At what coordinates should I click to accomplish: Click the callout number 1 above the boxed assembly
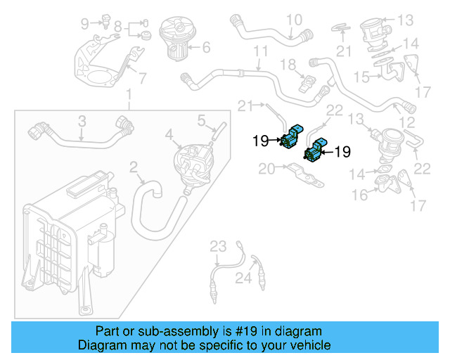click(128, 96)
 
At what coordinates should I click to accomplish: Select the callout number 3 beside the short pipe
click(82, 120)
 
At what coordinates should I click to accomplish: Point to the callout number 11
click(261, 52)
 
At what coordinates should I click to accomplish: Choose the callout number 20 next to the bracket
click(267, 169)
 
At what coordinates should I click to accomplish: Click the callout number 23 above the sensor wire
click(219, 245)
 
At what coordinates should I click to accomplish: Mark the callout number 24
click(243, 279)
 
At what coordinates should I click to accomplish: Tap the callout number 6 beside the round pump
click(206, 49)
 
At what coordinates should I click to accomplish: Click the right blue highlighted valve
click(314, 150)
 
